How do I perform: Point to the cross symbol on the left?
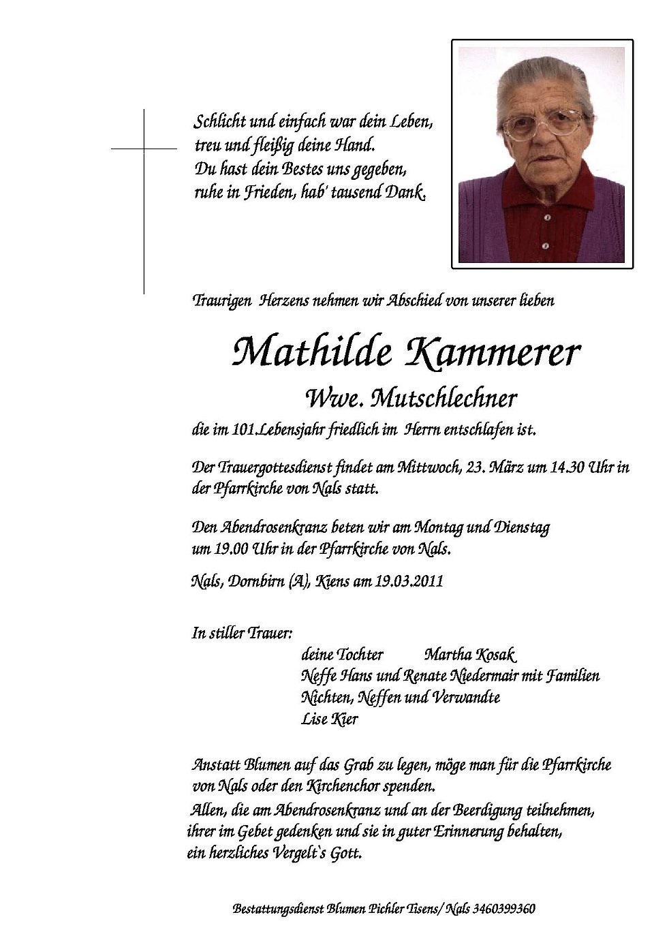pos(144,148)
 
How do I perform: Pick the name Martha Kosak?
pos(471,655)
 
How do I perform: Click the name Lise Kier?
pos(330,719)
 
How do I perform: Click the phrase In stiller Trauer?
pos(243,633)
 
